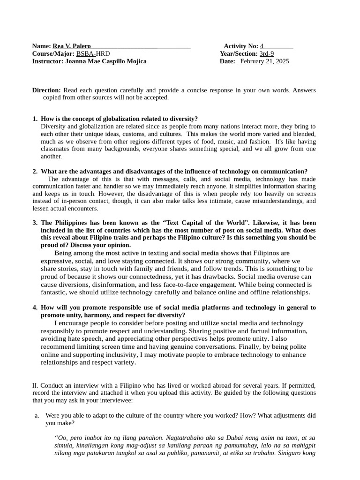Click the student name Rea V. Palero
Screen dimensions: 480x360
point(72,46)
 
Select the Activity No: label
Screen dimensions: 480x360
point(240,46)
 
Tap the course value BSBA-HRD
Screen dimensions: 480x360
point(93,53)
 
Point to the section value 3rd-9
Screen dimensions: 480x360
point(266,53)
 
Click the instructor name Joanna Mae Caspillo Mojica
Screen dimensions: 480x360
point(105,61)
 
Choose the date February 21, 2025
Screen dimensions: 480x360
point(264,61)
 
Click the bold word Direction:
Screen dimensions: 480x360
point(46,90)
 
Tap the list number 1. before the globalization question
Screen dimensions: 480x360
point(35,119)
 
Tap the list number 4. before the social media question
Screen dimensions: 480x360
point(35,307)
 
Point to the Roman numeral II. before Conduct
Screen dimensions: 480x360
point(35,385)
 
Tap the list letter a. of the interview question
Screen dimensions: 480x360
point(37,415)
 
